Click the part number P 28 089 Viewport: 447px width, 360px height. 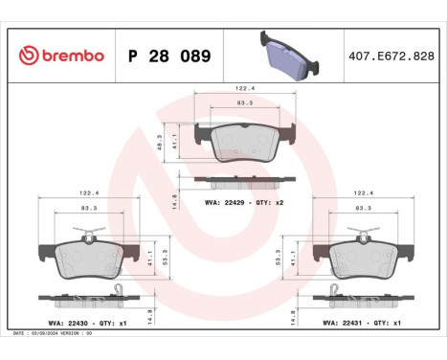pyautogui.click(x=168, y=56)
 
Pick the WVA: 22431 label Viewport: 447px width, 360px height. pyautogui.click(x=344, y=323)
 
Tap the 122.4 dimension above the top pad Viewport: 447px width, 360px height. pyautogui.click(x=244, y=88)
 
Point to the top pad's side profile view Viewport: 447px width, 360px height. pyautogui.click(x=244, y=179)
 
